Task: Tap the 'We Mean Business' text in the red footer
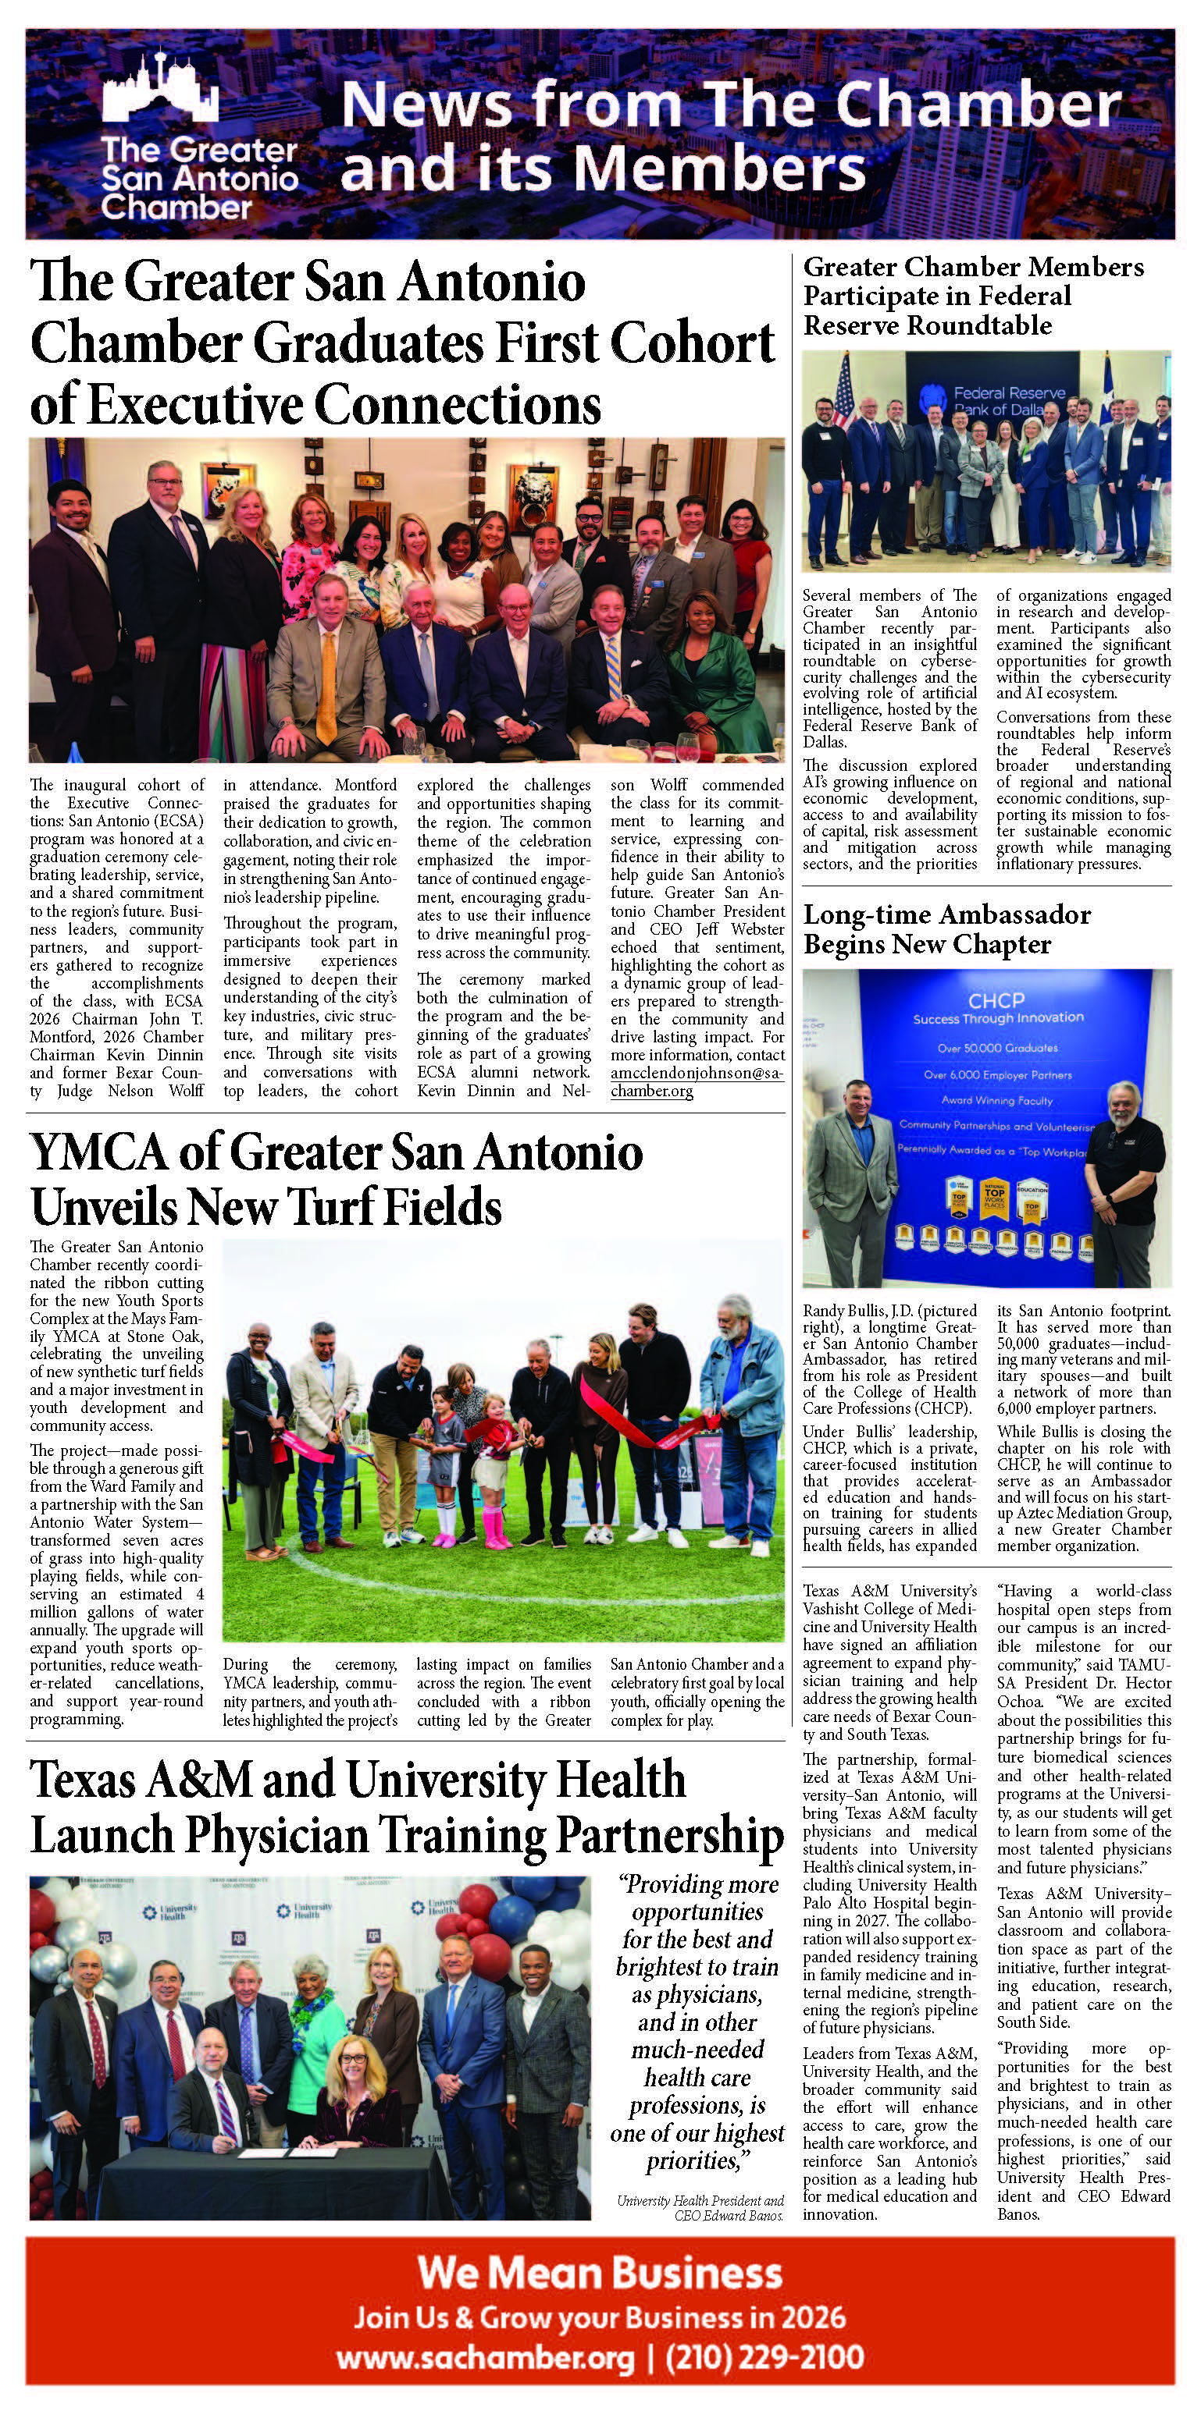(x=599, y=2274)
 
